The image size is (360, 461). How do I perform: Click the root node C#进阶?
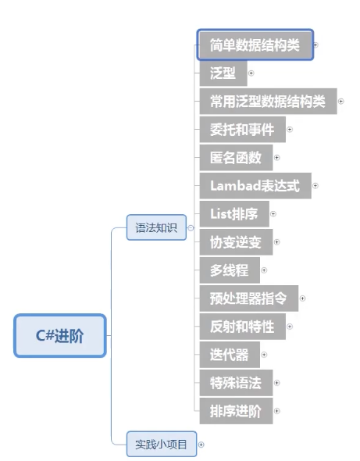coord(60,335)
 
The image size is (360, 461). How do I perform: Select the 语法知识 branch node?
coord(156,227)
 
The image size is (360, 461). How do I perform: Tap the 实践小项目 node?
coord(162,445)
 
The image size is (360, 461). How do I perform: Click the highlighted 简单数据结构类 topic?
coord(255,45)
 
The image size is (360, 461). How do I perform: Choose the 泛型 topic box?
coord(223,73)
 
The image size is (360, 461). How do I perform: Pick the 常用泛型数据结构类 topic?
coord(269,101)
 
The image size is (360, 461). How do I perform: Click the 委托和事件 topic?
coord(242,130)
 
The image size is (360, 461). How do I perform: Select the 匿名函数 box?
coord(236,158)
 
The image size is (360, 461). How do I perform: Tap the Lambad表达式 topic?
coord(255,186)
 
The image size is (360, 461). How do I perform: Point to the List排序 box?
coord(234,214)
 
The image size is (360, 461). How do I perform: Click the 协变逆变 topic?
coord(236,242)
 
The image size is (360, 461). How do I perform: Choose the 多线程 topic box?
coord(230,270)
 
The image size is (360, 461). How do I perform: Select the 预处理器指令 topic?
coord(249,298)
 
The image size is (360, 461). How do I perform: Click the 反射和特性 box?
coord(242,327)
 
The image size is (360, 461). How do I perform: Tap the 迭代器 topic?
coord(230,355)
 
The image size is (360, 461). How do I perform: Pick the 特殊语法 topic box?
coord(236,383)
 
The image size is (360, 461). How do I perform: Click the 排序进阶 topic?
coord(236,411)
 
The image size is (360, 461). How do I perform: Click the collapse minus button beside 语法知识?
coord(191,228)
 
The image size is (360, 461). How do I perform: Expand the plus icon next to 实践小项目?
coord(201,445)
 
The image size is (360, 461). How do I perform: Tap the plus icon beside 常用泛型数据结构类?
coord(341,102)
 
